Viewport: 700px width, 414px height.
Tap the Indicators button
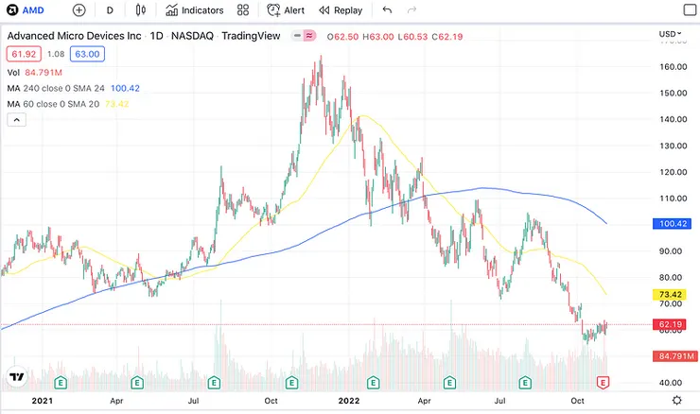point(194,10)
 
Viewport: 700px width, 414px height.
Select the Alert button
point(286,10)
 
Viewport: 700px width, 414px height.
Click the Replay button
point(341,10)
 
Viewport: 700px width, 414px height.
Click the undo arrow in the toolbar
point(387,10)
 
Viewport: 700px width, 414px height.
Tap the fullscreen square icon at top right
point(688,10)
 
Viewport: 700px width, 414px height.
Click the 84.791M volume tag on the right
point(674,356)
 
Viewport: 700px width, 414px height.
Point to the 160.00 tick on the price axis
point(674,67)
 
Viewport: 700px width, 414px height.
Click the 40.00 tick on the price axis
point(672,382)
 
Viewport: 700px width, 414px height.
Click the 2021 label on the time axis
point(43,401)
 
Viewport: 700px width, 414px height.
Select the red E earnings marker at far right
point(602,382)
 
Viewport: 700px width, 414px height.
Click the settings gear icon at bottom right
point(677,401)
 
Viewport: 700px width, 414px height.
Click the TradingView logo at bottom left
point(16,379)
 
